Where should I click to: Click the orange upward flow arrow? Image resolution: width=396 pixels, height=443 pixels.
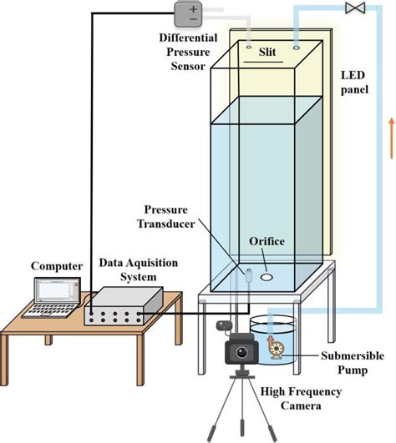(x=389, y=138)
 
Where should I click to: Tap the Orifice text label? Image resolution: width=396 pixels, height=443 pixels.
(x=267, y=242)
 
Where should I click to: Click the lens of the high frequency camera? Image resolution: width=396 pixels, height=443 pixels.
(x=242, y=353)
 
